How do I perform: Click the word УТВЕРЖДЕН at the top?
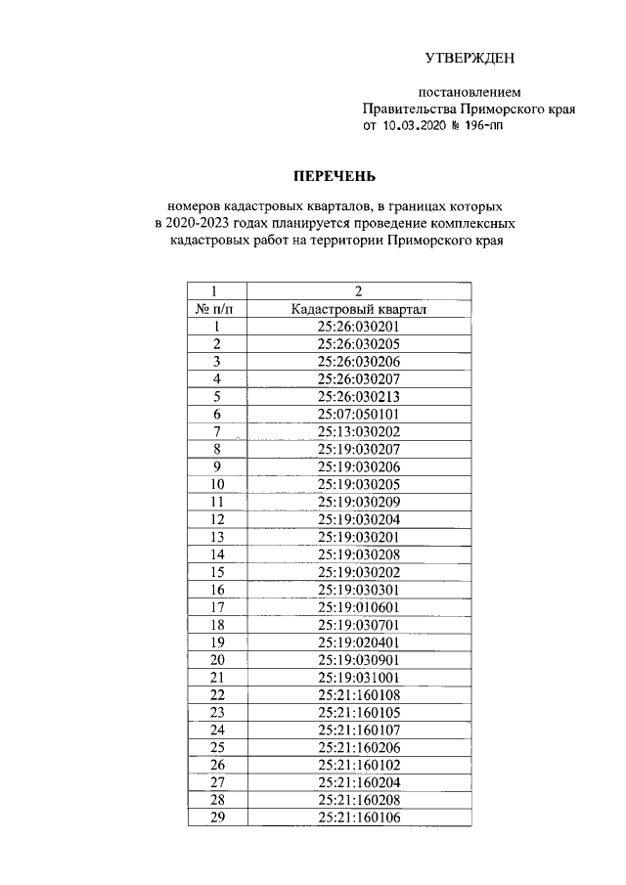(469, 61)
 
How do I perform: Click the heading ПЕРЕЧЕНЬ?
(335, 177)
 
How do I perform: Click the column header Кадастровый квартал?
(359, 309)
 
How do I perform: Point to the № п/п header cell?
(216, 309)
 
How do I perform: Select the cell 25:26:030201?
(359, 327)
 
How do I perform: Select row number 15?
(216, 571)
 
